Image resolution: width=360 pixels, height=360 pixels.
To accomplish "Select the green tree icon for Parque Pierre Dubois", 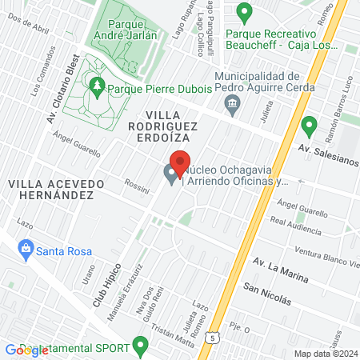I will tap(98, 83).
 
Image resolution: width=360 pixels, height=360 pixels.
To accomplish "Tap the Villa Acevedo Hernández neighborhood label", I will tap(55, 189).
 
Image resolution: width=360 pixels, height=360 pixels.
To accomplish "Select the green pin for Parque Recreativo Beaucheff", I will tap(246, 12).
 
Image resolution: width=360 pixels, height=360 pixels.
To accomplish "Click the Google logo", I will tap(26, 350).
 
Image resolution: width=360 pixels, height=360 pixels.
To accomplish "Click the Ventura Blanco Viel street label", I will tap(325, 254).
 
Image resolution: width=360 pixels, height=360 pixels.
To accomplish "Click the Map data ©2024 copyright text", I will tap(325, 353).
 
